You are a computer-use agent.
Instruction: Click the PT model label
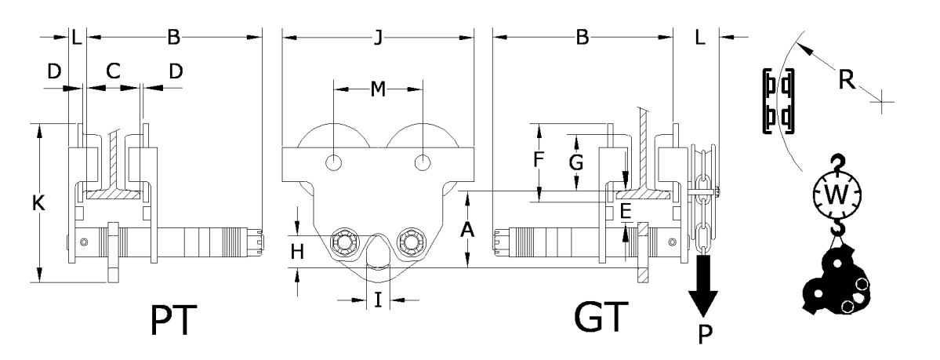tap(173, 321)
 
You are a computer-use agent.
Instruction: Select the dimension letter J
tap(378, 38)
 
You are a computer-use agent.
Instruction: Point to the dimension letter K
tap(38, 204)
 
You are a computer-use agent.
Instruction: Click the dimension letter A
tap(469, 228)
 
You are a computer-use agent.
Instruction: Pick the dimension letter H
tap(298, 252)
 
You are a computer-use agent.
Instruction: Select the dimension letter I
tap(378, 300)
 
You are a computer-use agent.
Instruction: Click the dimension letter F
tap(539, 159)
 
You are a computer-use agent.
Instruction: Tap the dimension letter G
tap(576, 162)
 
